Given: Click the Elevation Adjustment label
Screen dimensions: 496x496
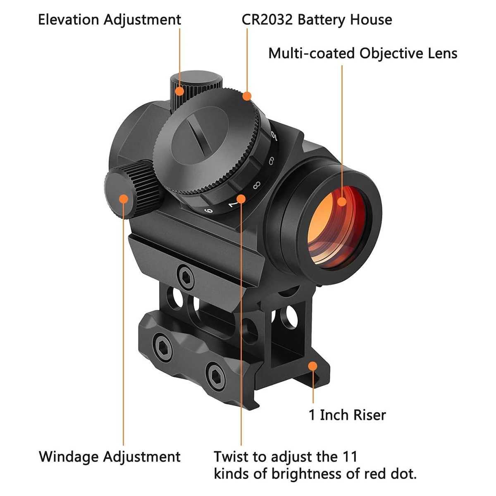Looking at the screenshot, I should (x=110, y=20).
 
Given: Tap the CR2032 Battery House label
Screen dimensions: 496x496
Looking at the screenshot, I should (x=317, y=19).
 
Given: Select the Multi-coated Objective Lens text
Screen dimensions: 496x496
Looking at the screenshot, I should (x=362, y=53).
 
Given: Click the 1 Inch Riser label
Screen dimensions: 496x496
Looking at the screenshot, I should (x=347, y=415).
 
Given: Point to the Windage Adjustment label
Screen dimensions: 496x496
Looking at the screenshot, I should (x=110, y=457).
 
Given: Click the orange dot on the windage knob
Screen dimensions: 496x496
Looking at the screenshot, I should (x=123, y=199).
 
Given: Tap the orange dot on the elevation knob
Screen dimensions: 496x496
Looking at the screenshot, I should (x=180, y=91).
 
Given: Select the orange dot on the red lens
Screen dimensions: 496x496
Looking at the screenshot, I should (x=342, y=202).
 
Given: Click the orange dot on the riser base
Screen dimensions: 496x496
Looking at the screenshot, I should (x=313, y=366).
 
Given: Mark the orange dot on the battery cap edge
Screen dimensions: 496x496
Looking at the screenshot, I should (x=247, y=96).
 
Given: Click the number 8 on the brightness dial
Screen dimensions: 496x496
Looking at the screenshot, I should (x=256, y=185).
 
